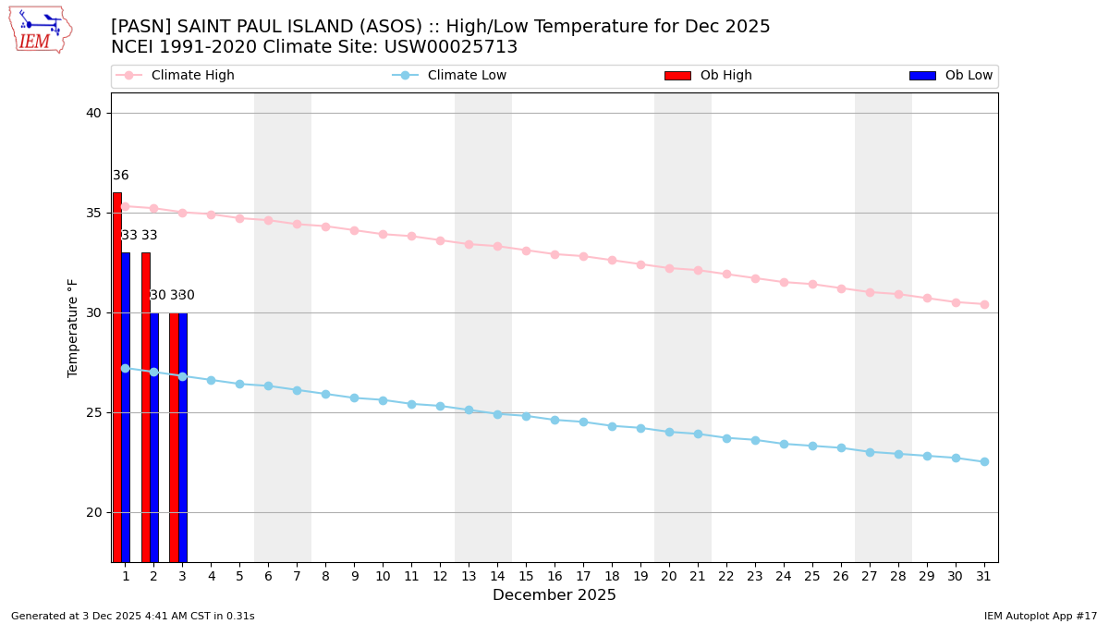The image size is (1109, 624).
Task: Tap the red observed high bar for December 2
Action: (146, 407)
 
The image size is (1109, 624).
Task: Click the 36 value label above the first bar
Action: (121, 176)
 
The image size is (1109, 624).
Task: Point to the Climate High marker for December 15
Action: (526, 251)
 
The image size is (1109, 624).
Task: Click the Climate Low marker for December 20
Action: (669, 432)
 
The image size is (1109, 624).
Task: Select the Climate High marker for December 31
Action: (984, 304)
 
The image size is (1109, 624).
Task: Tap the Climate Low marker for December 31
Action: (984, 461)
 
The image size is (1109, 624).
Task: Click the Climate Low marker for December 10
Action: (383, 400)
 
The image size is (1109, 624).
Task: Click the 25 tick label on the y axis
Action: (93, 412)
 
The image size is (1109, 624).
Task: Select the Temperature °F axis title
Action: (73, 327)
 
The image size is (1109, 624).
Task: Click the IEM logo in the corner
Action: (40, 30)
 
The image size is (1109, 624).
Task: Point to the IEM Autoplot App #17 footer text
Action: (1041, 616)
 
